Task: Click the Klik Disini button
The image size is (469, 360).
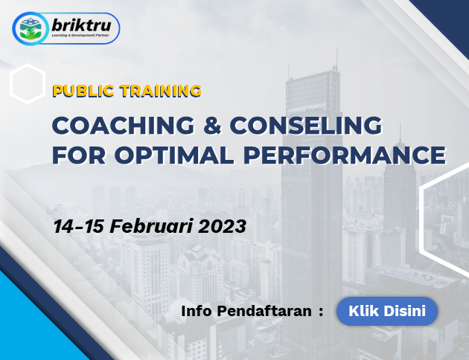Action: click(x=387, y=311)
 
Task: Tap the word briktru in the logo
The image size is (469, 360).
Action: click(x=81, y=25)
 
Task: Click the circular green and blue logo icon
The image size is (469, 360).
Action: click(x=30, y=29)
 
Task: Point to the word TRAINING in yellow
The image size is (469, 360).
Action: click(x=161, y=91)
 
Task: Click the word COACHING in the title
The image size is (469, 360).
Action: click(x=124, y=125)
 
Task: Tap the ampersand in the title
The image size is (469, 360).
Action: click(x=212, y=125)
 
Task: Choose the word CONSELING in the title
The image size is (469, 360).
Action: click(x=306, y=125)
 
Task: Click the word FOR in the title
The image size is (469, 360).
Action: click(x=79, y=155)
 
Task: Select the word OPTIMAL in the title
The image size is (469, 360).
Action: click(x=174, y=155)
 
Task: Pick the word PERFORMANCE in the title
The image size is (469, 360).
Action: click(x=345, y=155)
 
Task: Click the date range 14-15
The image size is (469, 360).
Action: click(x=78, y=226)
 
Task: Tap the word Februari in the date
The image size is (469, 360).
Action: click(x=151, y=226)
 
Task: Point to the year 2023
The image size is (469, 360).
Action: click(x=222, y=226)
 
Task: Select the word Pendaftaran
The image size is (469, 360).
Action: click(x=264, y=311)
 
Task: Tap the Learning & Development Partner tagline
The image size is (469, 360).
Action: click(x=80, y=35)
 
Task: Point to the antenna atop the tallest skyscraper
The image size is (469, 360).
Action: click(x=337, y=60)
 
